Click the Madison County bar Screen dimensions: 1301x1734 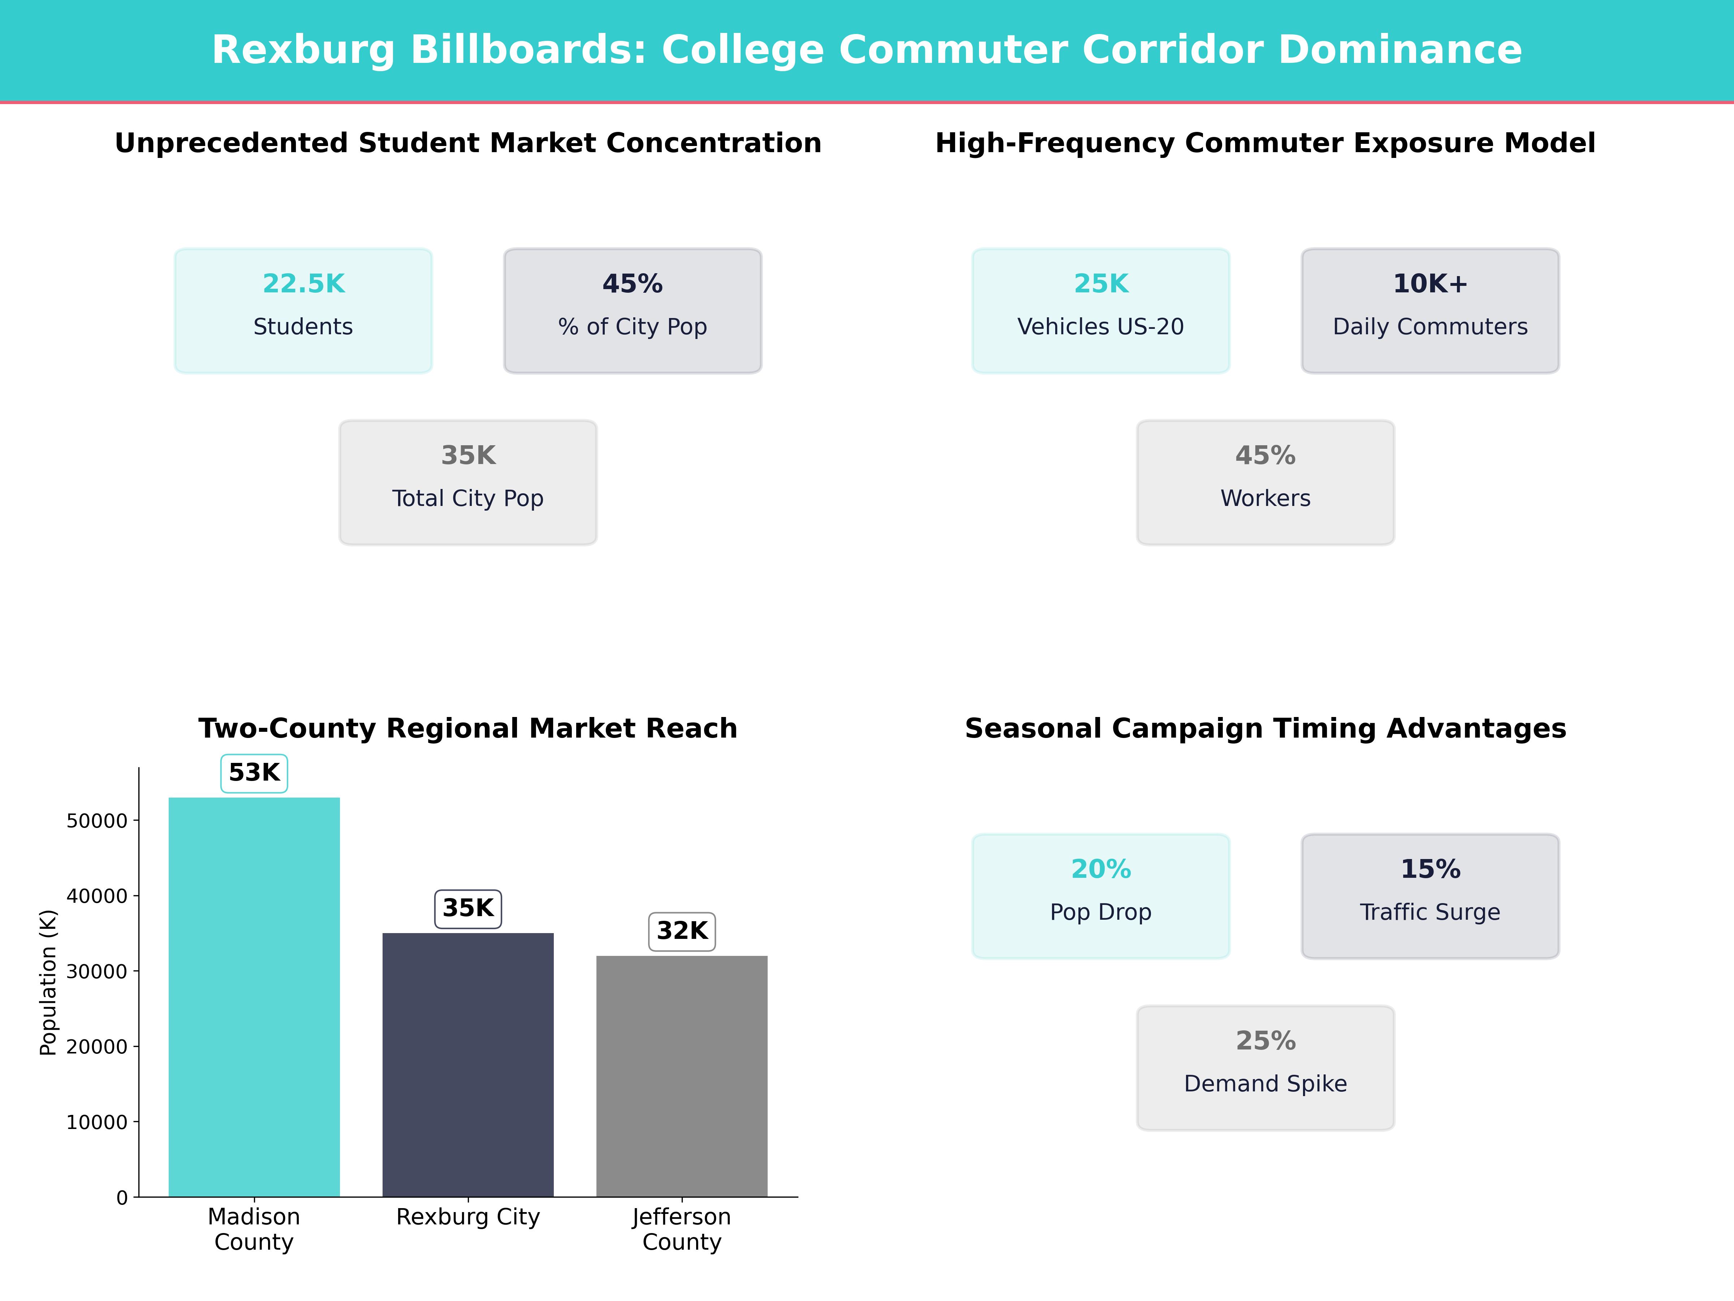[254, 996]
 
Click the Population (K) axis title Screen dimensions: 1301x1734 [49, 983]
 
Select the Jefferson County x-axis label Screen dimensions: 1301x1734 [682, 1229]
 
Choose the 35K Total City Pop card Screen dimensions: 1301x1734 [468, 482]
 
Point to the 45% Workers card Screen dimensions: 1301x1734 [1265, 482]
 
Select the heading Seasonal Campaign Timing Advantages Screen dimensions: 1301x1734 [1265, 729]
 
